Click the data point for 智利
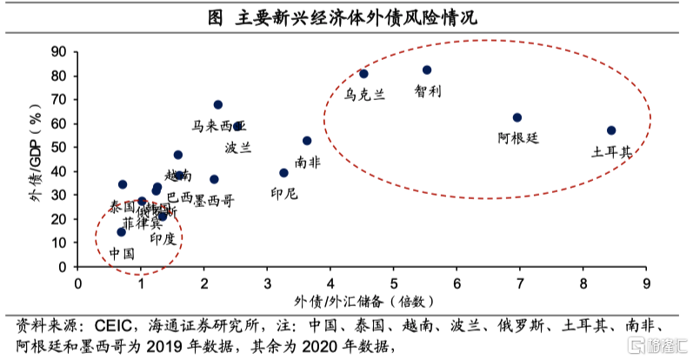[427, 70]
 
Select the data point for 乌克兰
[363, 74]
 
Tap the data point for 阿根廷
[517, 117]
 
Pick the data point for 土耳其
[611, 130]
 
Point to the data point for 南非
[307, 140]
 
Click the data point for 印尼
[283, 173]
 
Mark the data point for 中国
[121, 231]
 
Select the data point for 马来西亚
[217, 104]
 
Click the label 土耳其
[612, 151]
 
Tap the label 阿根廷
[519, 137]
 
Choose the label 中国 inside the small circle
[122, 254]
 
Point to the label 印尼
[283, 193]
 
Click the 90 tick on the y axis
[59, 52]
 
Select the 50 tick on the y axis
[59, 148]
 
